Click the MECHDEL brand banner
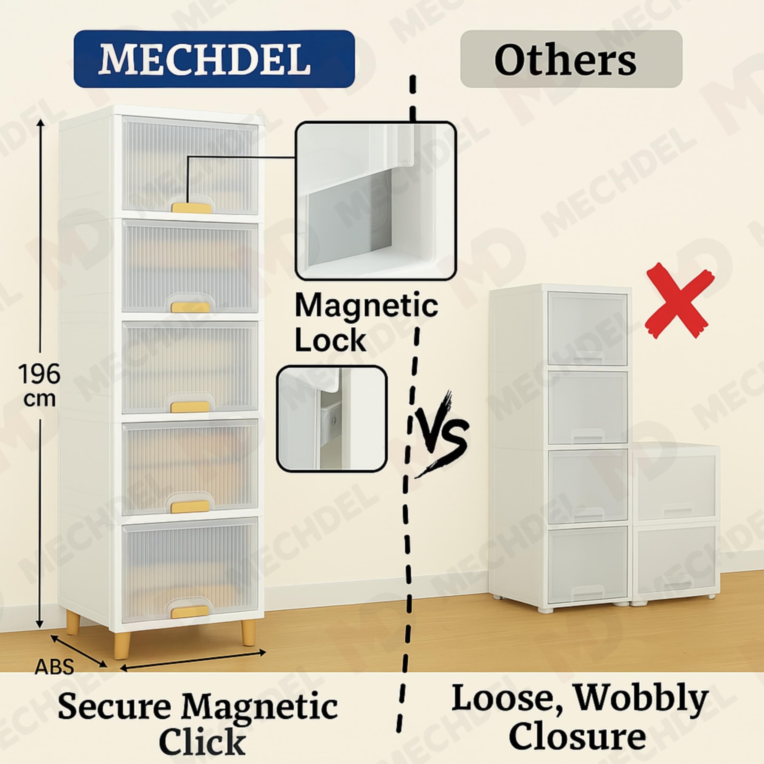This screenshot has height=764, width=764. [x=214, y=58]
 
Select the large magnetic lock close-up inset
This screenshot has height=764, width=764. [x=376, y=201]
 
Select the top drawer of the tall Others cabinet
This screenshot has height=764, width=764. [x=587, y=329]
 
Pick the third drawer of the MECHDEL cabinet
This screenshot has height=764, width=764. [x=190, y=368]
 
